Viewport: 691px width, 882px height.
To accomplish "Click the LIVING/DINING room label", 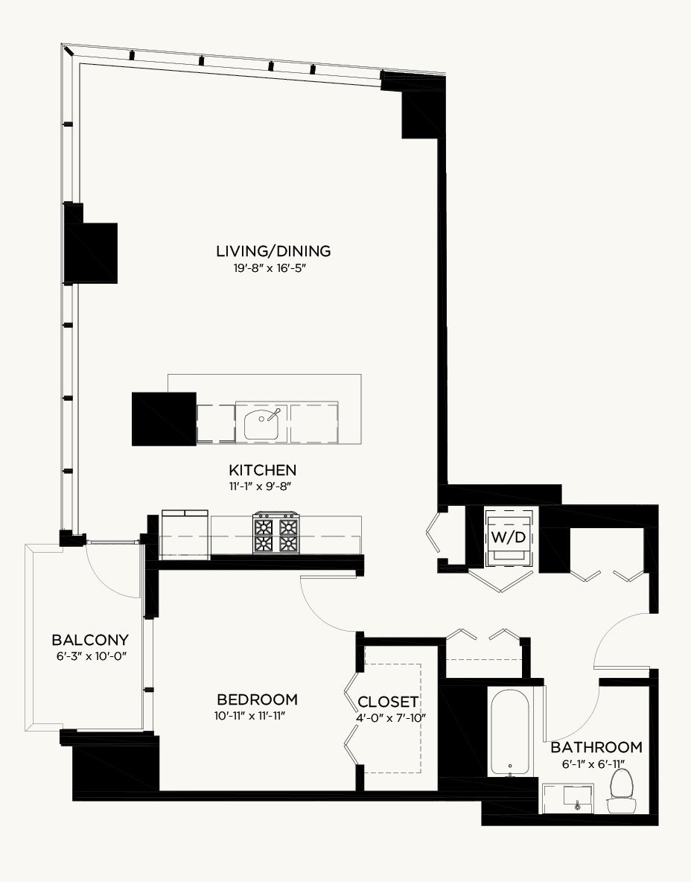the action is [x=273, y=251].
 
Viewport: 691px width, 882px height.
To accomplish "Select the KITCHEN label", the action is [x=263, y=470].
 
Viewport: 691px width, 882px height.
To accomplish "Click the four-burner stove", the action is [x=276, y=532].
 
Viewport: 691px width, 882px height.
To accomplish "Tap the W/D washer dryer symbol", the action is [x=509, y=538].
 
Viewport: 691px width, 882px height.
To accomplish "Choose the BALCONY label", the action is [x=90, y=640].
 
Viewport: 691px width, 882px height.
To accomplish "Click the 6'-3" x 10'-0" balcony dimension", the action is [x=91, y=656].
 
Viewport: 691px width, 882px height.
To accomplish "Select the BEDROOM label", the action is [x=257, y=699].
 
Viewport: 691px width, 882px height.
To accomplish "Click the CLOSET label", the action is [x=387, y=702].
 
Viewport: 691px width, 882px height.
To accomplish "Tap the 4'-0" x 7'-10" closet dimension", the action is [x=391, y=718].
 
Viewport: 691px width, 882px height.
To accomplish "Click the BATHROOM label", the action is [x=596, y=747].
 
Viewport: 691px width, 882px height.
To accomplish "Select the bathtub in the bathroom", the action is [x=509, y=732].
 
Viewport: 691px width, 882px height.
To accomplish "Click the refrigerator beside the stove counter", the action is [x=185, y=534].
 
